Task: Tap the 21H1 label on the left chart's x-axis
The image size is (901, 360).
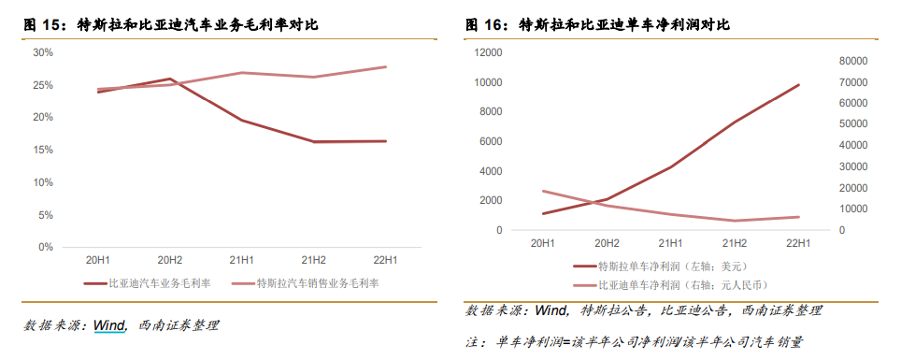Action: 241,259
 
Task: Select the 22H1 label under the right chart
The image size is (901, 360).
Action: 798,243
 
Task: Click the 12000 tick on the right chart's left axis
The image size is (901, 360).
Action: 488,52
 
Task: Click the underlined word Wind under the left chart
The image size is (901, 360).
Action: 109,325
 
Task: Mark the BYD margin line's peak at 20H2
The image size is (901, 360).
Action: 169,79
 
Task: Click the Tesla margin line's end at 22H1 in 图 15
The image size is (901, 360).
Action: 385,66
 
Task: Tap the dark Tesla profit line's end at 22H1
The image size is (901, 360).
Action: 798,85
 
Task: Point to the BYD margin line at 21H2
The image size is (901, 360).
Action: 313,142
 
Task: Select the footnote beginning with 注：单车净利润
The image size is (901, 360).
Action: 636,342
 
